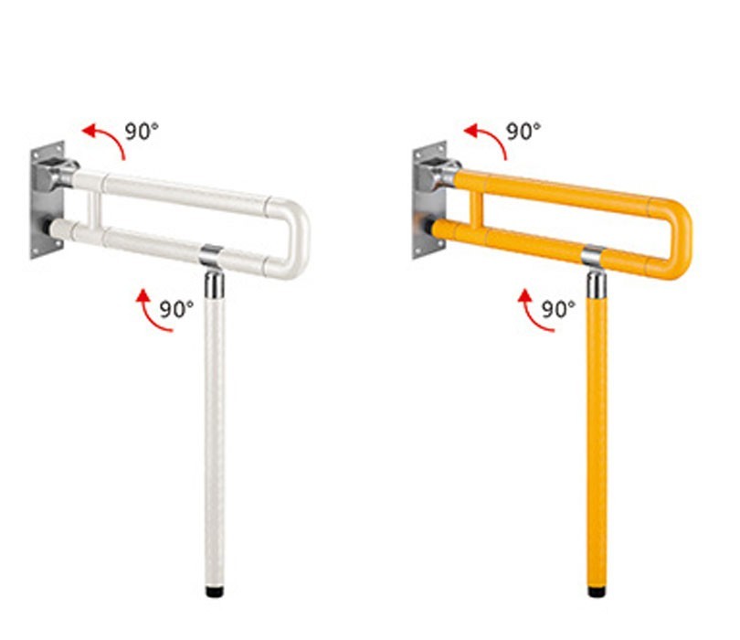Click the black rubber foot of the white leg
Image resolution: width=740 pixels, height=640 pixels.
point(215,591)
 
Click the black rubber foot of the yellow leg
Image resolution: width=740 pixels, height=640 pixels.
point(597,592)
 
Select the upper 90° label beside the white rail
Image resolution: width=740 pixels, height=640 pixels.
point(142,131)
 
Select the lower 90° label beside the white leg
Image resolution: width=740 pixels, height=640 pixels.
point(176,309)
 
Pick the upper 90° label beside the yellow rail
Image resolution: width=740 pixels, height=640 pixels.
point(523,131)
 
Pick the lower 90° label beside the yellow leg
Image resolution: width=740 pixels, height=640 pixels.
point(558,309)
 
